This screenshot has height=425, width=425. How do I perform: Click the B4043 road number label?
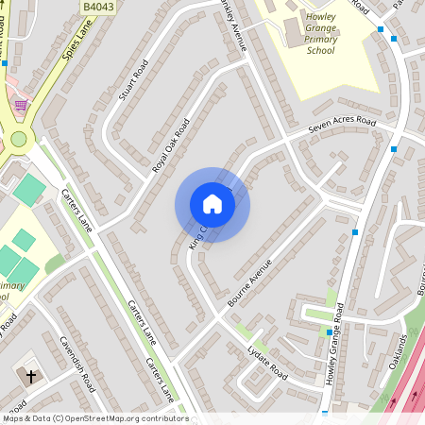[x=97, y=7]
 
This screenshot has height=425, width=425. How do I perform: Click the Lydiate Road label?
[x=267, y=360]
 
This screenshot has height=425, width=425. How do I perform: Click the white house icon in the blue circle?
[x=212, y=204]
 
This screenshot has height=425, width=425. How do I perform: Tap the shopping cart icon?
[x=20, y=105]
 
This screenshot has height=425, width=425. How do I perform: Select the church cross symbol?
[x=30, y=376]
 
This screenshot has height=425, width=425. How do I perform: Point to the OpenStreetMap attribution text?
[x=94, y=418]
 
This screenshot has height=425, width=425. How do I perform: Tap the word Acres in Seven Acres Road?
[x=341, y=126]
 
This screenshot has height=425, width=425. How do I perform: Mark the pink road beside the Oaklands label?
[x=408, y=382]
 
